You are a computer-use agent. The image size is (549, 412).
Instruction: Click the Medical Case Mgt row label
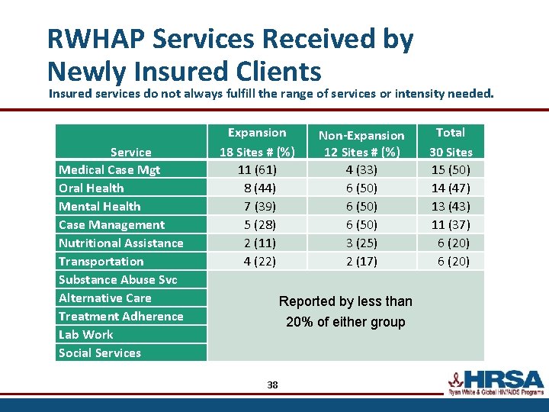pyautogui.click(x=109, y=169)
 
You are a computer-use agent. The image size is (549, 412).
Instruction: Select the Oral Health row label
pyautogui.click(x=91, y=188)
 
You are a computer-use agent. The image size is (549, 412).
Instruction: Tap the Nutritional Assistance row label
pyautogui.click(x=120, y=243)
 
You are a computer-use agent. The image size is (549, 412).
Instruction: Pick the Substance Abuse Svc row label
pyautogui.click(x=117, y=279)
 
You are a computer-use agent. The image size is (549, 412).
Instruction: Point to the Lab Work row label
pyautogui.click(x=85, y=334)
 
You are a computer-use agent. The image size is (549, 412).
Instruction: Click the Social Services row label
pyautogui.click(x=99, y=352)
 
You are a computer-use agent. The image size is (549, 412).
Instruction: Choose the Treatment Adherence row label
pyautogui.click(x=120, y=316)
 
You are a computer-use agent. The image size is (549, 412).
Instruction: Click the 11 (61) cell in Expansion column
pyautogui.click(x=257, y=169)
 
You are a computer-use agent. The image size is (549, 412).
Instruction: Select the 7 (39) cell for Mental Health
pyautogui.click(x=257, y=206)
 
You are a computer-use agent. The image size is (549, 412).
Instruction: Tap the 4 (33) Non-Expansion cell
pyautogui.click(x=361, y=169)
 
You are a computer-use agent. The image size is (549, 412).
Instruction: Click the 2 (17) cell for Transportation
pyautogui.click(x=361, y=261)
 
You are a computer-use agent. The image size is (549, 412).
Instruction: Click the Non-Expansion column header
pyautogui.click(x=361, y=143)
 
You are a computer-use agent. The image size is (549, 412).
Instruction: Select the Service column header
pyautogui.click(x=130, y=152)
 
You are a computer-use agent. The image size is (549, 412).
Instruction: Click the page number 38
pyautogui.click(x=272, y=385)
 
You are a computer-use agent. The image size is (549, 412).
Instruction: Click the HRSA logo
pyautogui.click(x=495, y=381)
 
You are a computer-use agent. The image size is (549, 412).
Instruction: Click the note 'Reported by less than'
pyautogui.click(x=345, y=301)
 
